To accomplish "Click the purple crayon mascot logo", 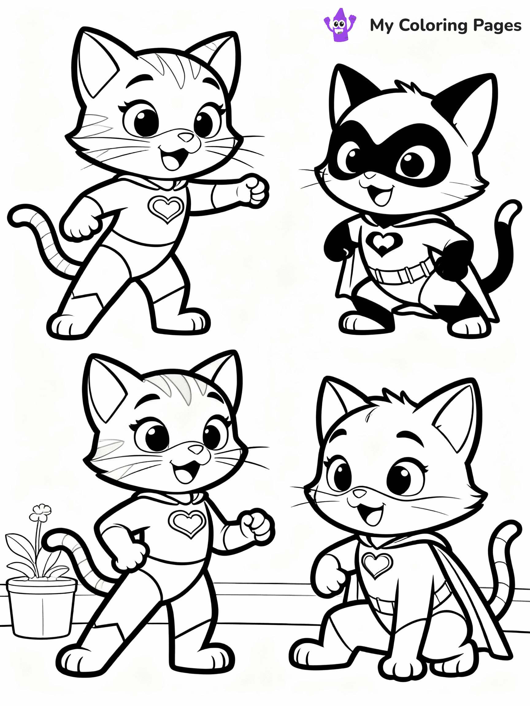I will coord(340,25).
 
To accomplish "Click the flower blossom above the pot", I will coord(40,512).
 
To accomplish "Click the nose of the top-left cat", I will coord(186,137).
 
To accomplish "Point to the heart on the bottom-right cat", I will coord(377,564).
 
